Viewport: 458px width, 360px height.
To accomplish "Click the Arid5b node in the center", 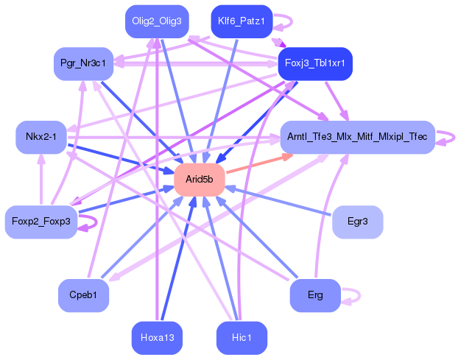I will coord(199,180).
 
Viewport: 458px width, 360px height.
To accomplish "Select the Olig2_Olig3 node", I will coord(156,21).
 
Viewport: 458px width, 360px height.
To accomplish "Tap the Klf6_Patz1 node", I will coord(242,21).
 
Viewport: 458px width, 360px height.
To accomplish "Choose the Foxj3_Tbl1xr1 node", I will coord(314,63).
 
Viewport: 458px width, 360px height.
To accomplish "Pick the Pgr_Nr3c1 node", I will coord(83,63).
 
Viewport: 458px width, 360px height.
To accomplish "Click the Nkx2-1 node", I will coord(41,137).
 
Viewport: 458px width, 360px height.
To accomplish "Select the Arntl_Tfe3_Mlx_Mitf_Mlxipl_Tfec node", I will coord(357,137).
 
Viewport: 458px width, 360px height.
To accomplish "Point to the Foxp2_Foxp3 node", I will coord(41,222).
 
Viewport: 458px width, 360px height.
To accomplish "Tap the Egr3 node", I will coord(357,222).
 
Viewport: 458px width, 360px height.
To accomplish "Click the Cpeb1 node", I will coord(83,295).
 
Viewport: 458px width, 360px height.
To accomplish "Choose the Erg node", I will coord(315,295).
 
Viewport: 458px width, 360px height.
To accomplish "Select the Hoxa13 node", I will coord(156,338).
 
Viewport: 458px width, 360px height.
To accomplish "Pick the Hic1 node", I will coord(242,338).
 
